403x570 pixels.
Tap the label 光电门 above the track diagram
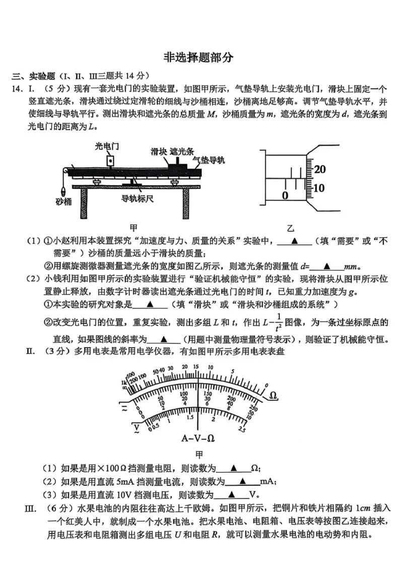coord(107,146)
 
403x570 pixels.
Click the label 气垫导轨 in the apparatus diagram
coord(209,160)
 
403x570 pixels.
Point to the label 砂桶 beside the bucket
coord(63,202)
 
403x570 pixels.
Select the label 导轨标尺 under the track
coord(137,198)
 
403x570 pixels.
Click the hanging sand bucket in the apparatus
coord(63,190)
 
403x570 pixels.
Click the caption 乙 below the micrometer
coord(290,227)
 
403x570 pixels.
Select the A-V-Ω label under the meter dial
coord(198,438)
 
